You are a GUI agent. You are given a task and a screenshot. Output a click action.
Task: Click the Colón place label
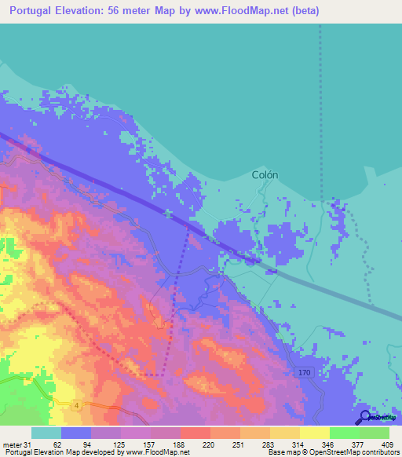coord(265,175)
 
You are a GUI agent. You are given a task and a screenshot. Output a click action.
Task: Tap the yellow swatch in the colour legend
coord(314,433)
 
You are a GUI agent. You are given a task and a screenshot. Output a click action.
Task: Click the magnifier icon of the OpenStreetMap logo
coord(364,417)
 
